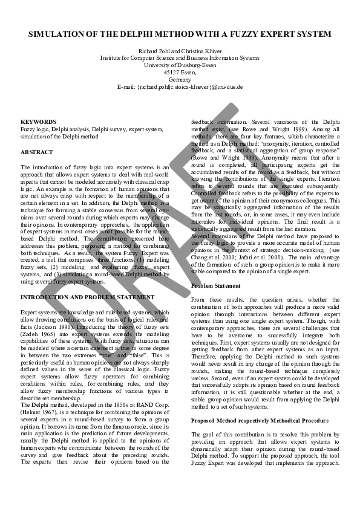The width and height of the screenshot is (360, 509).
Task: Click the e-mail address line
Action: [180, 87]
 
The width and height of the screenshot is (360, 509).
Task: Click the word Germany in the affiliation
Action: [180, 80]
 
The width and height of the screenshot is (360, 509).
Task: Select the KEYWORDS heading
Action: [38, 122]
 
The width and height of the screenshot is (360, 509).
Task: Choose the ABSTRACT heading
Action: [37, 152]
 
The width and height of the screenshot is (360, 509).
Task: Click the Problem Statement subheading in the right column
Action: [216, 285]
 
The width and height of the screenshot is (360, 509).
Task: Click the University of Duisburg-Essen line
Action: [180, 65]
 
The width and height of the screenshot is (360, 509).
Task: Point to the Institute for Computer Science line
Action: [180, 58]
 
